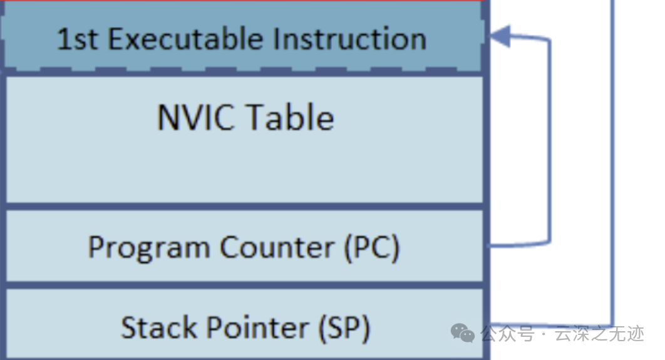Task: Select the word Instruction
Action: point(349,39)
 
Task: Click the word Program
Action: point(148,247)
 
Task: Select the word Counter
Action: point(276,247)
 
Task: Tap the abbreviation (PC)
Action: point(371,247)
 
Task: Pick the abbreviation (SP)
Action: point(344,327)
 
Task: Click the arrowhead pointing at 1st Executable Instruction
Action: point(500,37)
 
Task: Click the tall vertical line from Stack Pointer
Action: point(612,157)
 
